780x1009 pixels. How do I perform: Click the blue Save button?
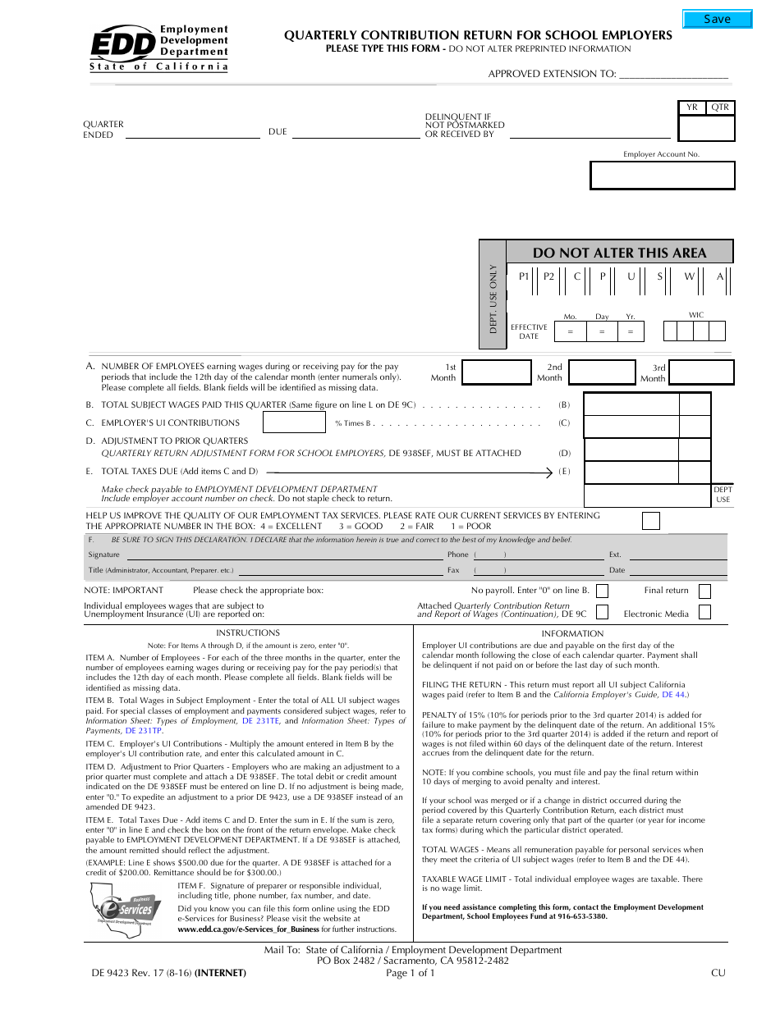coord(717,19)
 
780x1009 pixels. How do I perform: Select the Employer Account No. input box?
coord(662,176)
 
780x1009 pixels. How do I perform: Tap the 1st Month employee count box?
coord(496,372)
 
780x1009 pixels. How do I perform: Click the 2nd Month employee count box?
coord(600,372)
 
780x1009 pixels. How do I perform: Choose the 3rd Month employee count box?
coord(701,372)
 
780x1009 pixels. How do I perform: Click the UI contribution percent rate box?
coord(294,422)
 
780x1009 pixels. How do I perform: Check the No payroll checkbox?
coord(602,591)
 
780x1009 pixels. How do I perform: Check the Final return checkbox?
coord(704,591)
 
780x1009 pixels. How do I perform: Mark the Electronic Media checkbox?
coord(704,612)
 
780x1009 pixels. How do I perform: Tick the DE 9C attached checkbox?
coord(602,612)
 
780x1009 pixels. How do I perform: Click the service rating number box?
coord(650,521)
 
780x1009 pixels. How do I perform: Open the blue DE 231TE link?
coord(260,721)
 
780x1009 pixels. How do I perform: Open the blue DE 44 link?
coord(675,695)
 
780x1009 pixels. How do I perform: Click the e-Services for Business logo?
coord(127,908)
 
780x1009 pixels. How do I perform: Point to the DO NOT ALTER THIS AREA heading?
coord(619,253)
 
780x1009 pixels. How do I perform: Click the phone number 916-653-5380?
coord(580,916)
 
